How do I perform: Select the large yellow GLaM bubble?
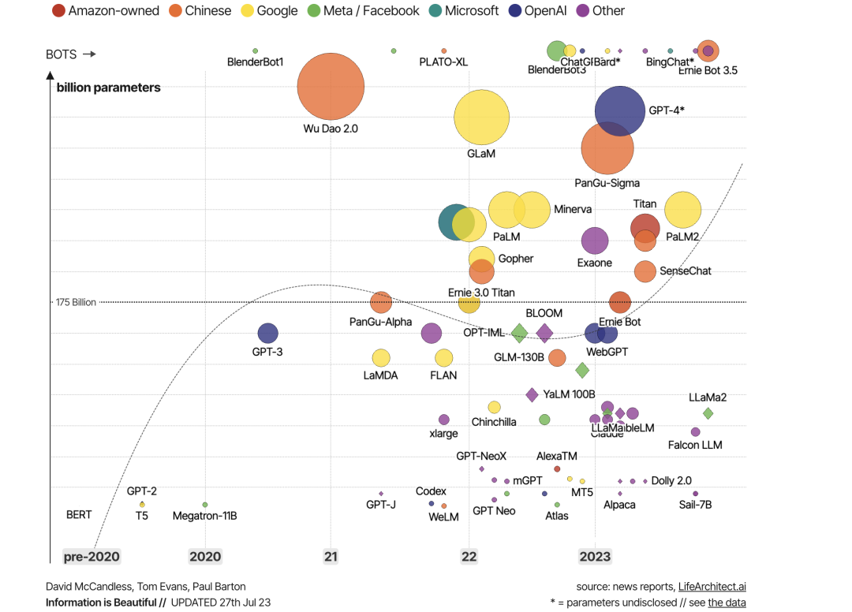pos(481,118)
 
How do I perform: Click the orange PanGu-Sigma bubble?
pos(607,147)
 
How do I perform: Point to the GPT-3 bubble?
pos(267,334)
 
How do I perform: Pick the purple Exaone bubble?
pos(595,241)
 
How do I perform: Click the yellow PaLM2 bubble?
pos(683,210)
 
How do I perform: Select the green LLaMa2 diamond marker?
pos(708,413)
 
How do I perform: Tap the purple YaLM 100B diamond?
pos(532,394)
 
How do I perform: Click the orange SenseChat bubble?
pos(645,271)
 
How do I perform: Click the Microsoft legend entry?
pos(463,11)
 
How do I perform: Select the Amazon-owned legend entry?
pos(105,11)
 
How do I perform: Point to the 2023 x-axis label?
pos(595,557)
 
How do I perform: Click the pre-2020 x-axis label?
pos(92,557)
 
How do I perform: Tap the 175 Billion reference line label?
pos(76,302)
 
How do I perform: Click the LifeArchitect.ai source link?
pos(712,586)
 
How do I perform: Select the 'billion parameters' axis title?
pos(108,88)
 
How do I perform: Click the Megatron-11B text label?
pos(205,516)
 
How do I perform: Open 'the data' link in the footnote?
pos(727,603)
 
